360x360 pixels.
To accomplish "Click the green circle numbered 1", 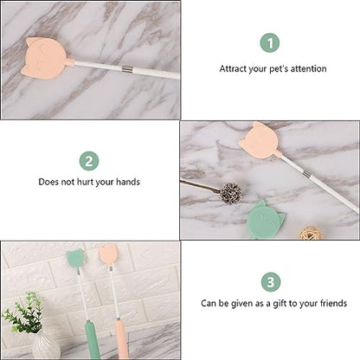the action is click(x=270, y=42).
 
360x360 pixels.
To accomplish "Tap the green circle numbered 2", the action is click(x=89, y=161).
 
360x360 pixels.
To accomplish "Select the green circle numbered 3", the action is click(x=271, y=282).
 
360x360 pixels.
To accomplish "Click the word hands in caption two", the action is click(x=128, y=182).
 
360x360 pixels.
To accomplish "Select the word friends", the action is click(x=333, y=303).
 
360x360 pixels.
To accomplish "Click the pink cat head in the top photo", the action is click(x=45, y=58).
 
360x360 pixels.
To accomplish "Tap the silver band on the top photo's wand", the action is click(x=126, y=69).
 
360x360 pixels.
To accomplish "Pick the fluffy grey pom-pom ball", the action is click(x=231, y=192).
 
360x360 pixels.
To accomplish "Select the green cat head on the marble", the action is click(x=265, y=220).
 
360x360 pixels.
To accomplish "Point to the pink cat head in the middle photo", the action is click(x=260, y=140).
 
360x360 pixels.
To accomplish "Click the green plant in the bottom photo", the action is click(x=24, y=313).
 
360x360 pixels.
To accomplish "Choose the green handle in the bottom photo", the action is click(x=93, y=340).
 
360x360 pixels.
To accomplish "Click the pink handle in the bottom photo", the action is click(x=121, y=339).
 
